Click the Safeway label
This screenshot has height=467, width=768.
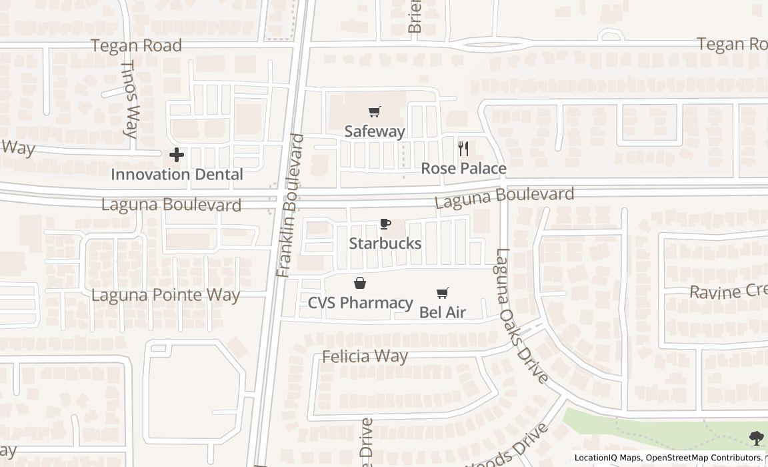click(x=375, y=131)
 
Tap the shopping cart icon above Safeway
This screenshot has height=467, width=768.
click(x=375, y=112)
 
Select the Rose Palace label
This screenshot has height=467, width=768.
click(x=463, y=169)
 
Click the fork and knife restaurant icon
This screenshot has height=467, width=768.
click(x=464, y=149)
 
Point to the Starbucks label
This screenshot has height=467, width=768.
click(x=385, y=244)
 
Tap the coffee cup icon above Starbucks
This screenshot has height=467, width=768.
click(x=385, y=224)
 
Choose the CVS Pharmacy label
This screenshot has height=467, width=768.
click(x=360, y=303)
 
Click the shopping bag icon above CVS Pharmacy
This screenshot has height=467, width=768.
click(x=360, y=284)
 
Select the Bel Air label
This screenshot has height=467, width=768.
click(x=442, y=312)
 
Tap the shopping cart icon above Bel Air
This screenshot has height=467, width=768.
click(x=442, y=293)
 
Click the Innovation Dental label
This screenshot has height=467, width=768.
click(x=177, y=175)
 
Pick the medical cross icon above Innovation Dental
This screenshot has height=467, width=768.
click(x=177, y=155)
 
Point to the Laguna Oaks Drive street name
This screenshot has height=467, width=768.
click(x=521, y=316)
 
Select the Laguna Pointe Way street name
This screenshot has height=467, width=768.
click(x=165, y=295)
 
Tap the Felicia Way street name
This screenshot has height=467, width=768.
click(x=365, y=356)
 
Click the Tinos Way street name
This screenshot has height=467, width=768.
click(x=131, y=100)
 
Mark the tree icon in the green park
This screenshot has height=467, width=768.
click(x=756, y=438)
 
